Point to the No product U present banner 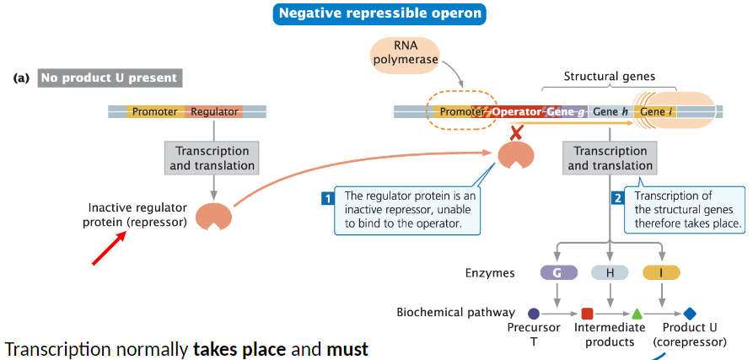[x=110, y=78]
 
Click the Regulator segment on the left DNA [x=214, y=111]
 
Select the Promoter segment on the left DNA [x=154, y=111]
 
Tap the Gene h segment [x=610, y=111]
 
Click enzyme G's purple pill [x=558, y=272]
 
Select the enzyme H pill [x=609, y=272]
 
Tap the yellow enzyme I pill [x=661, y=272]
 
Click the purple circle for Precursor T [x=534, y=314]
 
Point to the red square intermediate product [x=587, y=314]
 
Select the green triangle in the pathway [x=637, y=314]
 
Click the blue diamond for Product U [x=690, y=314]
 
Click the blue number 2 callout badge [x=617, y=199]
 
